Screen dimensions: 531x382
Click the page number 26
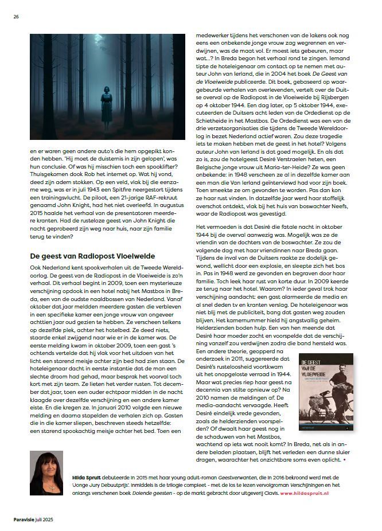point(16,16)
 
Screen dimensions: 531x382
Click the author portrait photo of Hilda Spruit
point(46,473)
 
